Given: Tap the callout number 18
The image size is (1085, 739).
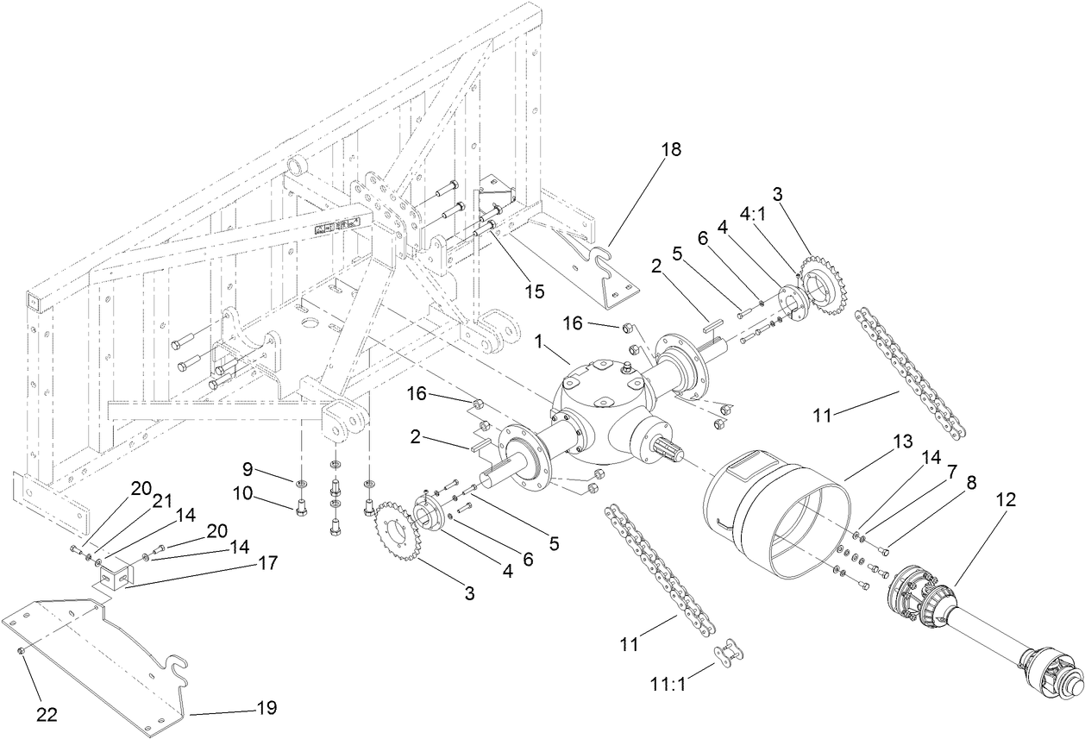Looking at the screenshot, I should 671,149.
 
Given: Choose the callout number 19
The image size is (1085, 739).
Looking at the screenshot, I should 266,708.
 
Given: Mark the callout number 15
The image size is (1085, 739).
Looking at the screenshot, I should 535,291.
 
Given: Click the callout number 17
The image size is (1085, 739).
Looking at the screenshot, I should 266,563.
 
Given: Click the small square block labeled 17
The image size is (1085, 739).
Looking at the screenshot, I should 114,574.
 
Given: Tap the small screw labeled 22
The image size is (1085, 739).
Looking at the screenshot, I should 21,652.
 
